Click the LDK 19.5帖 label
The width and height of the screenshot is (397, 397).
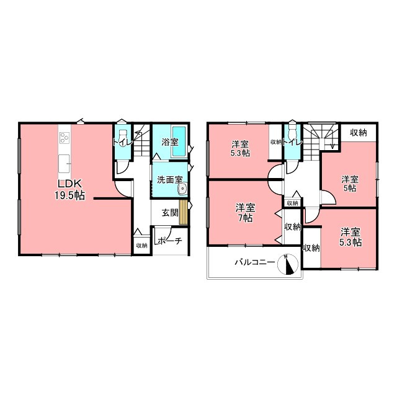[70, 190]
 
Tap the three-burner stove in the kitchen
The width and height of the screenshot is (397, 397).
[65, 138]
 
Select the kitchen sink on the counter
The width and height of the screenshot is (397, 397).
[65, 164]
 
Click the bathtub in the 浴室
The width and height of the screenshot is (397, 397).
[179, 141]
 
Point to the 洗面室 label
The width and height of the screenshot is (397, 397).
[169, 180]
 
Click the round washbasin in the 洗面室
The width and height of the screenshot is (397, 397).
[182, 189]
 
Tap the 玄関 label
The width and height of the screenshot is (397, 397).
[170, 213]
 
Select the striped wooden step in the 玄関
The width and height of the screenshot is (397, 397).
[183, 212]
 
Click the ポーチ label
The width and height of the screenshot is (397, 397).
[170, 241]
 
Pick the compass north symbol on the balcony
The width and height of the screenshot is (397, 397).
[288, 264]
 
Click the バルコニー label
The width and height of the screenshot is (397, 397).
[255, 262]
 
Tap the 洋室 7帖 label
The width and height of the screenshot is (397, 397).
[246, 213]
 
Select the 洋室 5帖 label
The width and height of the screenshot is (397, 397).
[350, 184]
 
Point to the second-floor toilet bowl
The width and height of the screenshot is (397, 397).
[293, 130]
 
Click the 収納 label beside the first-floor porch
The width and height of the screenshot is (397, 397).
[142, 246]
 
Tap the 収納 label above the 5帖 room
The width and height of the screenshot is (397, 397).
[359, 132]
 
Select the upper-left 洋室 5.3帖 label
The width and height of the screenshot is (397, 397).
[241, 149]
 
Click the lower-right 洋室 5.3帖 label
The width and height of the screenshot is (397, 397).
[350, 237]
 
